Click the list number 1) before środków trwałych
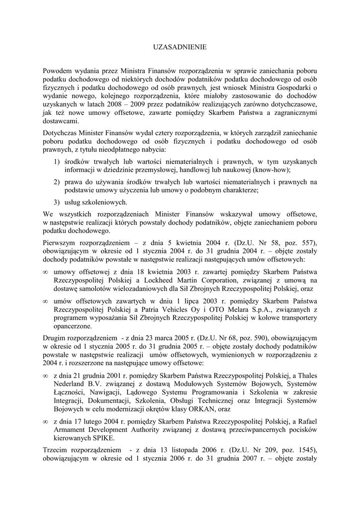(57, 162)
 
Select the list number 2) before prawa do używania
(57, 182)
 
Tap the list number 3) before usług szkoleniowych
(57, 202)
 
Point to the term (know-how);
(273, 170)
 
